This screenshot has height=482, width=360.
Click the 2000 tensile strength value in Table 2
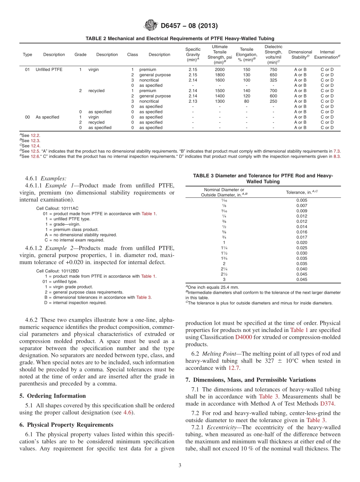(219, 70)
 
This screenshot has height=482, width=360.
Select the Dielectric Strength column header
(273, 55)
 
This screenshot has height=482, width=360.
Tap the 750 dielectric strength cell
(273, 70)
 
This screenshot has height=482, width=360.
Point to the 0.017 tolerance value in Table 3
(302, 237)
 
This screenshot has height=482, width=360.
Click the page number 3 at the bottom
(180, 465)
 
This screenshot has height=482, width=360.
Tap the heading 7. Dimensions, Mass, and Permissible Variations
(250, 380)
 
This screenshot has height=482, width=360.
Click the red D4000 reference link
(243, 336)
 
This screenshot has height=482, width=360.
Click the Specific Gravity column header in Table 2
(193, 55)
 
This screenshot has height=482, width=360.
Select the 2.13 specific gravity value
(193, 102)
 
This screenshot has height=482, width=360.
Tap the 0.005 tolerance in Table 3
(302, 200)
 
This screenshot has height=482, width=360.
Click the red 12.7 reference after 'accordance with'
(233, 368)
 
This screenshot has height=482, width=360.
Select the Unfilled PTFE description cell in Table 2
(49, 70)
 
